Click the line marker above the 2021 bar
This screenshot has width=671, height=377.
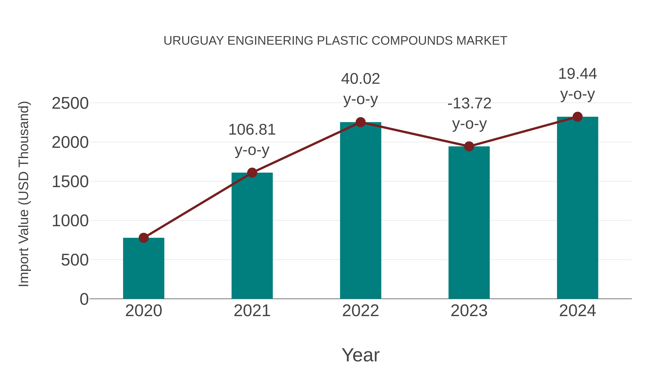click(x=252, y=173)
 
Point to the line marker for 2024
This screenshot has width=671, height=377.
click(x=577, y=117)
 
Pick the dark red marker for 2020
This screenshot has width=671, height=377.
click(x=144, y=238)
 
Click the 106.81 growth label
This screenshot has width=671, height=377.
click(x=252, y=130)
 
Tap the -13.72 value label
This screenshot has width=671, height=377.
click(x=469, y=103)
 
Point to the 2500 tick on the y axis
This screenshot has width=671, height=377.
click(x=70, y=103)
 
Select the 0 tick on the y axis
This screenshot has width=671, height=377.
click(x=84, y=299)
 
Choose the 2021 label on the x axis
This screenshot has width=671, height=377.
click(x=252, y=311)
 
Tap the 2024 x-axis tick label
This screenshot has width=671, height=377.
click(x=577, y=311)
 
